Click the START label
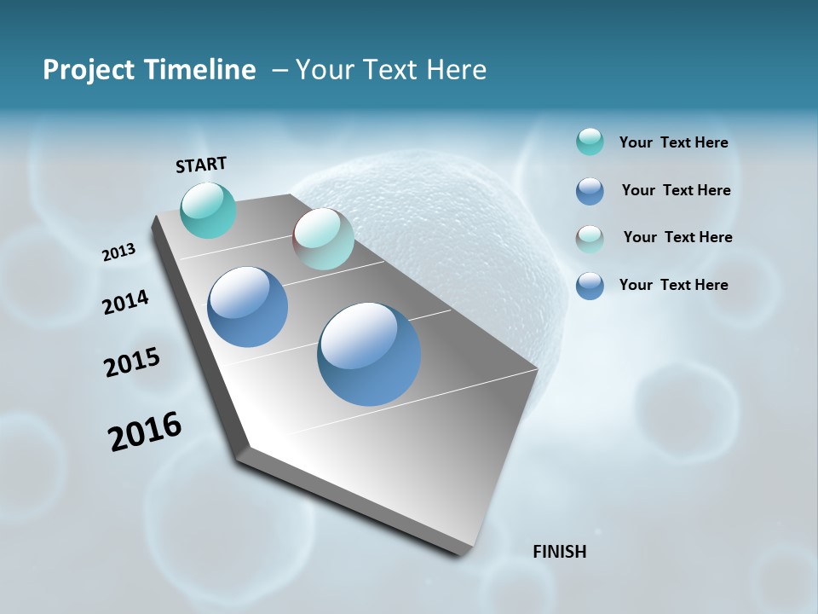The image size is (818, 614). [201, 165]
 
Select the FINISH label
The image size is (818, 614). [559, 552]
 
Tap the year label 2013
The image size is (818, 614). [118, 252]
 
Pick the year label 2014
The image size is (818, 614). [125, 302]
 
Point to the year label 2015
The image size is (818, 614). [131, 362]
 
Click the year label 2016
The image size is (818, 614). [145, 432]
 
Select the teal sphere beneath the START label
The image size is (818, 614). [209, 210]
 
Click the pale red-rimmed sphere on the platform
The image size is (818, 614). [323, 239]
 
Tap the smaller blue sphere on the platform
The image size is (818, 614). [248, 307]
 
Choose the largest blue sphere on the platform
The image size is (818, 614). [369, 354]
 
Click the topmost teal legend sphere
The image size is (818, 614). [590, 142]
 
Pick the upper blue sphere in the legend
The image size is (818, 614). [590, 191]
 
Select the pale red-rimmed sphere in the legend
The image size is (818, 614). [590, 239]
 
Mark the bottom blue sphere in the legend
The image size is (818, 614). [590, 286]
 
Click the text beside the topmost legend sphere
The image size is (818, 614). [673, 142]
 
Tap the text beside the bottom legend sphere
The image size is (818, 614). [673, 285]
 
